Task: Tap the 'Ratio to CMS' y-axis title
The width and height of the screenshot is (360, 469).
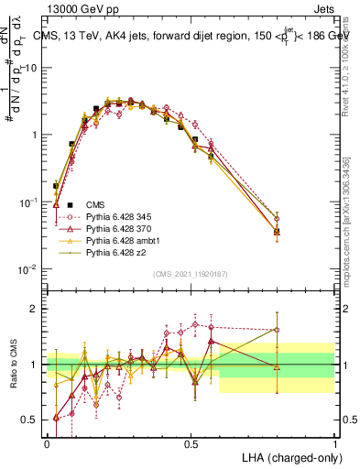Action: tap(11, 365)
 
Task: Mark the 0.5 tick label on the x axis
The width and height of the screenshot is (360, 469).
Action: tap(191, 442)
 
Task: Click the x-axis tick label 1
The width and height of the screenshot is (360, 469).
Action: tap(334, 442)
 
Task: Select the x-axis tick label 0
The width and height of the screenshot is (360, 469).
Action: tap(48, 442)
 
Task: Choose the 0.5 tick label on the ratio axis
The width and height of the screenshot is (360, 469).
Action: tap(31, 420)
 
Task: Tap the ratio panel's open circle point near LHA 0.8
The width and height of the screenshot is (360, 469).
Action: tap(277, 330)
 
